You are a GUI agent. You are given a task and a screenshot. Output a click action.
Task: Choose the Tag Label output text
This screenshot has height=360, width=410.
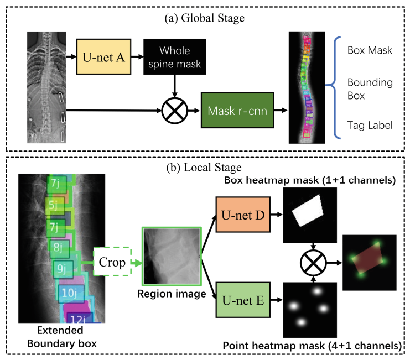coord(369,126)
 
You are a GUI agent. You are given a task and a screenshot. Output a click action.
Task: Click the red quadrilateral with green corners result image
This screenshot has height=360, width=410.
coord(370,262)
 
